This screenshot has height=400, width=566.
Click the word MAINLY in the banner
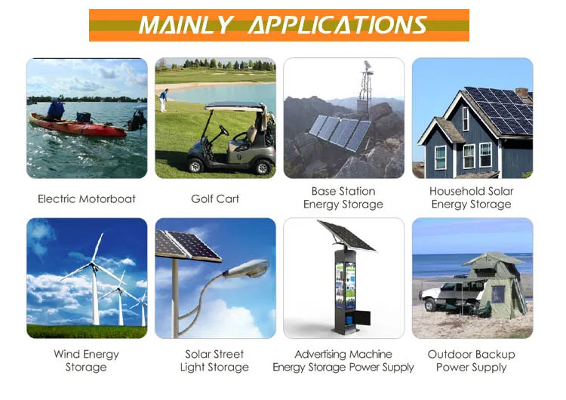pyautogui.click(x=186, y=25)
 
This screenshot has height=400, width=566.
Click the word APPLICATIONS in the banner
pyautogui.click(x=338, y=25)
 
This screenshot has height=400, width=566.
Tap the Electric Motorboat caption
pyautogui.click(x=87, y=198)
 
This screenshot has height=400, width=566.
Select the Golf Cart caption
pyautogui.click(x=215, y=198)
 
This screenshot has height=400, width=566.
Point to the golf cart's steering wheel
pyautogui.click(x=224, y=131)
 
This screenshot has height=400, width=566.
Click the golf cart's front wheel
pyautogui.click(x=195, y=165)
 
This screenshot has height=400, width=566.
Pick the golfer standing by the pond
pyautogui.click(x=164, y=100)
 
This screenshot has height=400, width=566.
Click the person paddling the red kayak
pyautogui.click(x=56, y=109)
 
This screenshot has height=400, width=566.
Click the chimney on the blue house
pyautogui.click(x=521, y=94)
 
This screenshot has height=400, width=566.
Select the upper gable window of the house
pyautogui.click(x=466, y=118)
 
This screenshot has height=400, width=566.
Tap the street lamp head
pyautogui.click(x=247, y=268)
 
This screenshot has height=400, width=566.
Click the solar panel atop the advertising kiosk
pyautogui.click(x=347, y=235)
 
